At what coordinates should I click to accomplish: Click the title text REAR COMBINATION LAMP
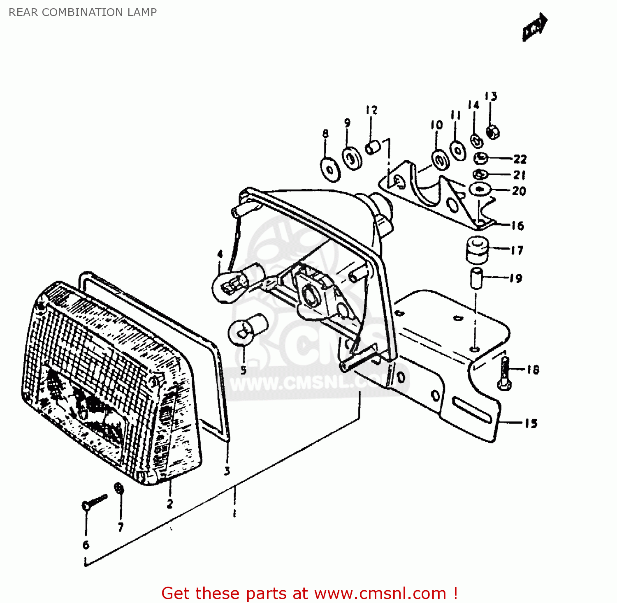pyautogui.click(x=83, y=12)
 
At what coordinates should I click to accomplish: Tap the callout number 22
pyautogui.click(x=520, y=159)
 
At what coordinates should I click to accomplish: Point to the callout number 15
pyautogui.click(x=531, y=423)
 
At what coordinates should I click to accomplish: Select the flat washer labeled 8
pyautogui.click(x=330, y=169)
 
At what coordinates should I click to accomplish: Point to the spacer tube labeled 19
pyautogui.click(x=476, y=278)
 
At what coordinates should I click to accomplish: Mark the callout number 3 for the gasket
pyautogui.click(x=227, y=471)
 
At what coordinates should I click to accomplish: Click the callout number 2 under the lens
pyautogui.click(x=170, y=504)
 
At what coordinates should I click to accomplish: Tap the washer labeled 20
pyautogui.click(x=480, y=189)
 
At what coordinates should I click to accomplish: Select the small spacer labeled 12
pyautogui.click(x=373, y=148)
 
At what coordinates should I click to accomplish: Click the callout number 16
pyautogui.click(x=518, y=226)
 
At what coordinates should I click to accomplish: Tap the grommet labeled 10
pyautogui.click(x=440, y=159)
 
